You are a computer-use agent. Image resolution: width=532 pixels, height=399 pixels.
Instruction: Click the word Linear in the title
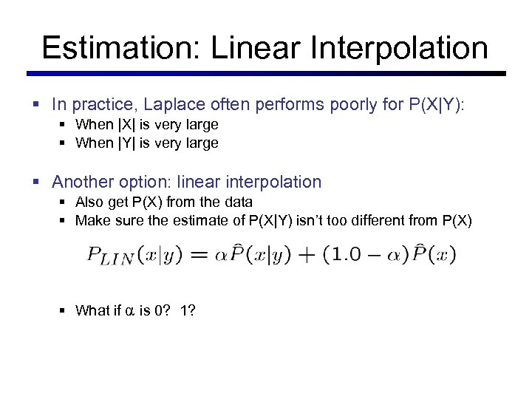pos(253,48)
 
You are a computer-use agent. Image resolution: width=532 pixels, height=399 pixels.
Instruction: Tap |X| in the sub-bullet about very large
pos(126,125)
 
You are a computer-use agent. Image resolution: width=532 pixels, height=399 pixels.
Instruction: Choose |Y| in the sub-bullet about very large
pos(126,143)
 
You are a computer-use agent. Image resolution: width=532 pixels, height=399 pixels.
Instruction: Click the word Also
pos(89,202)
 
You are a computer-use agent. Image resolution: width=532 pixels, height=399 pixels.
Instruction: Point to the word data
pos(237,202)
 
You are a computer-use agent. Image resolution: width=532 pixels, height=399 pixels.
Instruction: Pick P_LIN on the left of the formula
pos(111,256)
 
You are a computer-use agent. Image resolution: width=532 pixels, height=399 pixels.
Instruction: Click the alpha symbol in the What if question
pos(129,311)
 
